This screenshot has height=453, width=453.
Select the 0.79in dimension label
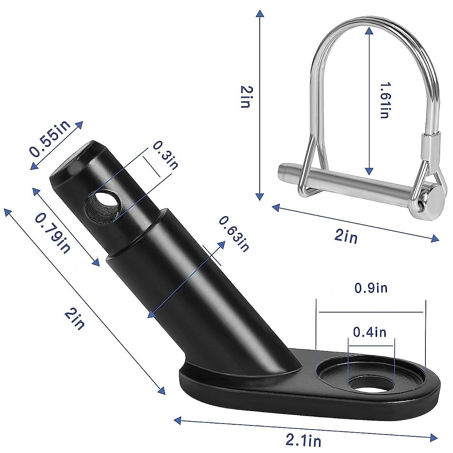coord(53,232)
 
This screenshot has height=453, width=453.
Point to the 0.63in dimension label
coord(234,233)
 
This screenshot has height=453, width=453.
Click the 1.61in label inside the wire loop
coord(384,101)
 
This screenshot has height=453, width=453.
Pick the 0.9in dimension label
coord(371,288)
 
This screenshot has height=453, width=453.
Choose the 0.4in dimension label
coord(370,332)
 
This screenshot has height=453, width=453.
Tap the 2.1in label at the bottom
coord(304,440)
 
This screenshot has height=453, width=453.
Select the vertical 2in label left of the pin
coord(245,97)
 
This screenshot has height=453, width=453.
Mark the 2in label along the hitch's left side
coord(75,318)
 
